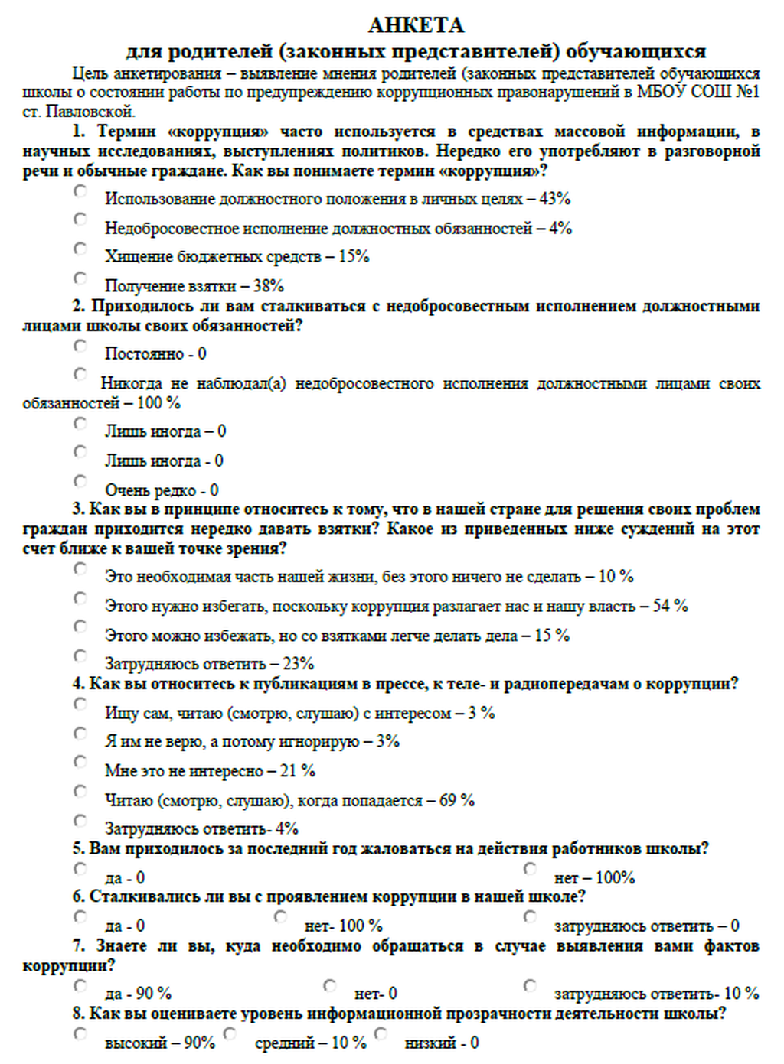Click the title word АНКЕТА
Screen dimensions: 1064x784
tap(416, 25)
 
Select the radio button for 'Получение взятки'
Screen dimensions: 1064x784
tap(80, 278)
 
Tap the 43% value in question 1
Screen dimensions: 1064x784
tap(554, 199)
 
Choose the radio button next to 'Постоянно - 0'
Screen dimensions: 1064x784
tap(80, 346)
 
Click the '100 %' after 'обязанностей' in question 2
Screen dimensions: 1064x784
tap(158, 403)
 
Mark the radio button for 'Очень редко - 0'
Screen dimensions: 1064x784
tap(80, 481)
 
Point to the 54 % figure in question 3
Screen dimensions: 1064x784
tap(670, 606)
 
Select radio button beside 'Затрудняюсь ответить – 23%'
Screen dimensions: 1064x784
tap(80, 656)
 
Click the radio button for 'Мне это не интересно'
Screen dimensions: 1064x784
tap(80, 762)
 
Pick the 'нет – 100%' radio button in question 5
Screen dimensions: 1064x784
tap(530, 869)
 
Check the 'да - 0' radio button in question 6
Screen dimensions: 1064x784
tap(80, 916)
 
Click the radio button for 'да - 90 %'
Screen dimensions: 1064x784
tap(80, 985)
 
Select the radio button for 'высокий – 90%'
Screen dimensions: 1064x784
tap(80, 1034)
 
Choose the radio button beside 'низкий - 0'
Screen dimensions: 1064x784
tap(381, 1034)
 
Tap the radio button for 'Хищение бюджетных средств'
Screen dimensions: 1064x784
tap(80, 248)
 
